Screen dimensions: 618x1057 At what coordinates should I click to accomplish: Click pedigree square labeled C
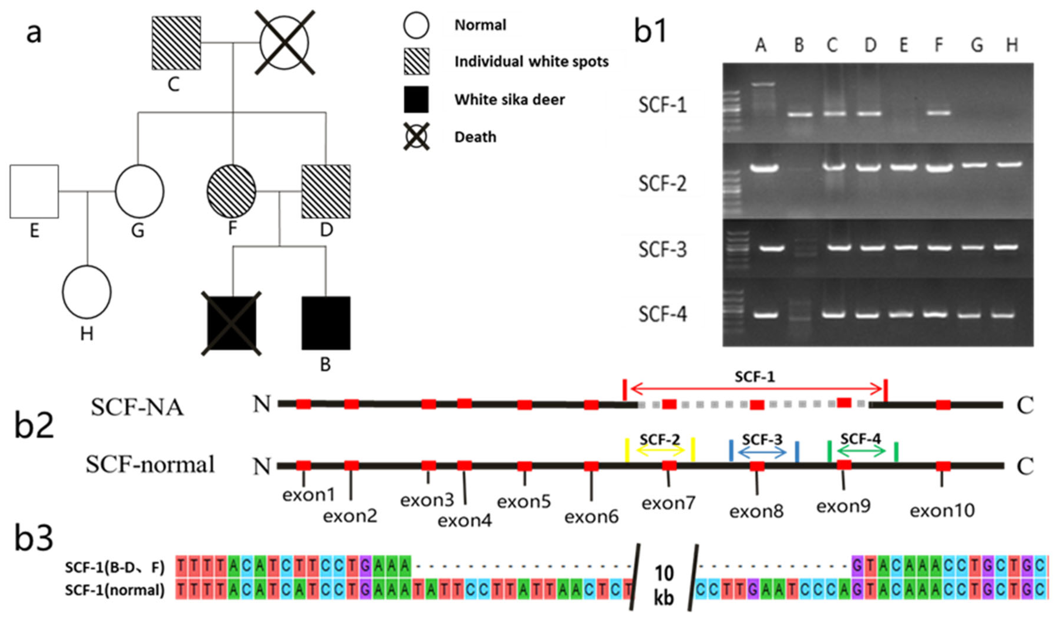(176, 43)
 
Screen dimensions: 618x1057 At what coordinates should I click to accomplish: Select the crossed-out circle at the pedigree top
(284, 43)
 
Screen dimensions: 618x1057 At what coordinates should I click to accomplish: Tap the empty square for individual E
(34, 191)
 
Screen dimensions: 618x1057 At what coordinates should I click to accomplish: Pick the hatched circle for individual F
(231, 191)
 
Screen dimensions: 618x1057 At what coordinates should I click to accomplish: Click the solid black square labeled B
(326, 323)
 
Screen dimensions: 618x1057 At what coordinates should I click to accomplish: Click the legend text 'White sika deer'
(509, 100)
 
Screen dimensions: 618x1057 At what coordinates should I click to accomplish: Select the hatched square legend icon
(416, 62)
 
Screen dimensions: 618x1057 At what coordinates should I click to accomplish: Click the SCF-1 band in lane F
(938, 113)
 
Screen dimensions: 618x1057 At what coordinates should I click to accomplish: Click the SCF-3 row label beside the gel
(662, 250)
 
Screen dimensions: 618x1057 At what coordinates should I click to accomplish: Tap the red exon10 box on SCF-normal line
(943, 466)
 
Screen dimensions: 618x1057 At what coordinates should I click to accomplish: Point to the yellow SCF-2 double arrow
(660, 451)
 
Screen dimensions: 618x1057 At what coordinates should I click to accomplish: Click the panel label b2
(34, 426)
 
